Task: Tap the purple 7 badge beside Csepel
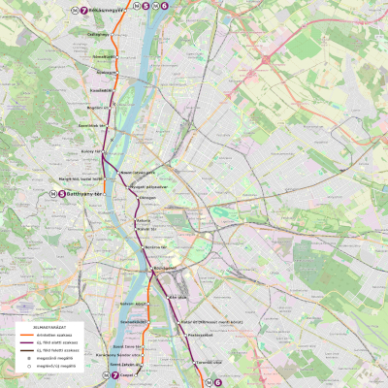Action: (x=114, y=374)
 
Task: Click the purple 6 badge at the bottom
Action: (x=217, y=382)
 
